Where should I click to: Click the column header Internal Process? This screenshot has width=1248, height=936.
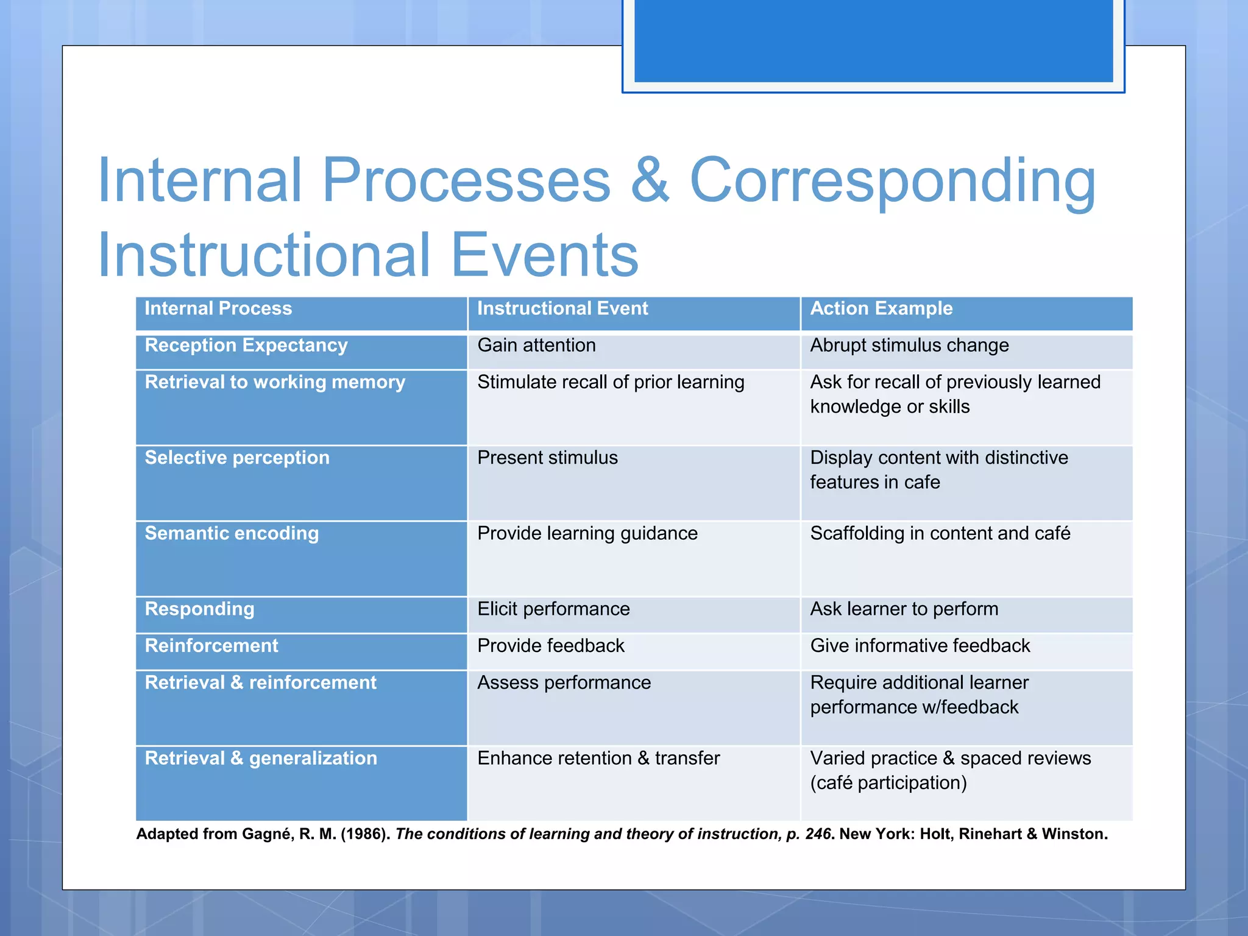point(218,309)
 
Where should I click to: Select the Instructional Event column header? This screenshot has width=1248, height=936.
point(562,309)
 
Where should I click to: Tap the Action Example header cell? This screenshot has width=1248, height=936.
point(881,309)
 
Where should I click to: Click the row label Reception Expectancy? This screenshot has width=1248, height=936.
point(246,346)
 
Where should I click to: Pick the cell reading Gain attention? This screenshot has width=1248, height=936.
point(536,346)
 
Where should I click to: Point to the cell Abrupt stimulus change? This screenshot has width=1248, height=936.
point(909,346)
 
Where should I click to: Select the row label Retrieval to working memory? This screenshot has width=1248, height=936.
point(274,383)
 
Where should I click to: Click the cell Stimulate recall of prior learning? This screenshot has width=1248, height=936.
point(611,383)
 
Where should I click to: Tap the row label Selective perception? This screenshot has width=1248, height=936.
point(236,458)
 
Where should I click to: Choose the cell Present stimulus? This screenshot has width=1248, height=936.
point(547,458)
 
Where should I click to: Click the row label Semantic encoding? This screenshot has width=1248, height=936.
point(232,534)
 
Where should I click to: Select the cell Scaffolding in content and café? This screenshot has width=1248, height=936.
point(940,534)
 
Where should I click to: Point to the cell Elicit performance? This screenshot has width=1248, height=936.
point(553,609)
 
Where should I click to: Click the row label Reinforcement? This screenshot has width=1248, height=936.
point(211,646)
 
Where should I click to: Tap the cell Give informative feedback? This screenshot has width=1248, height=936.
point(920,646)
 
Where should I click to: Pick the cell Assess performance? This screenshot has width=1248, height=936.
point(564,683)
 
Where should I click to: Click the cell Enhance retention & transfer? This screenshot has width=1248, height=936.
point(598,759)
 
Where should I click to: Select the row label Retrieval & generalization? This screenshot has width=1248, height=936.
point(261,759)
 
